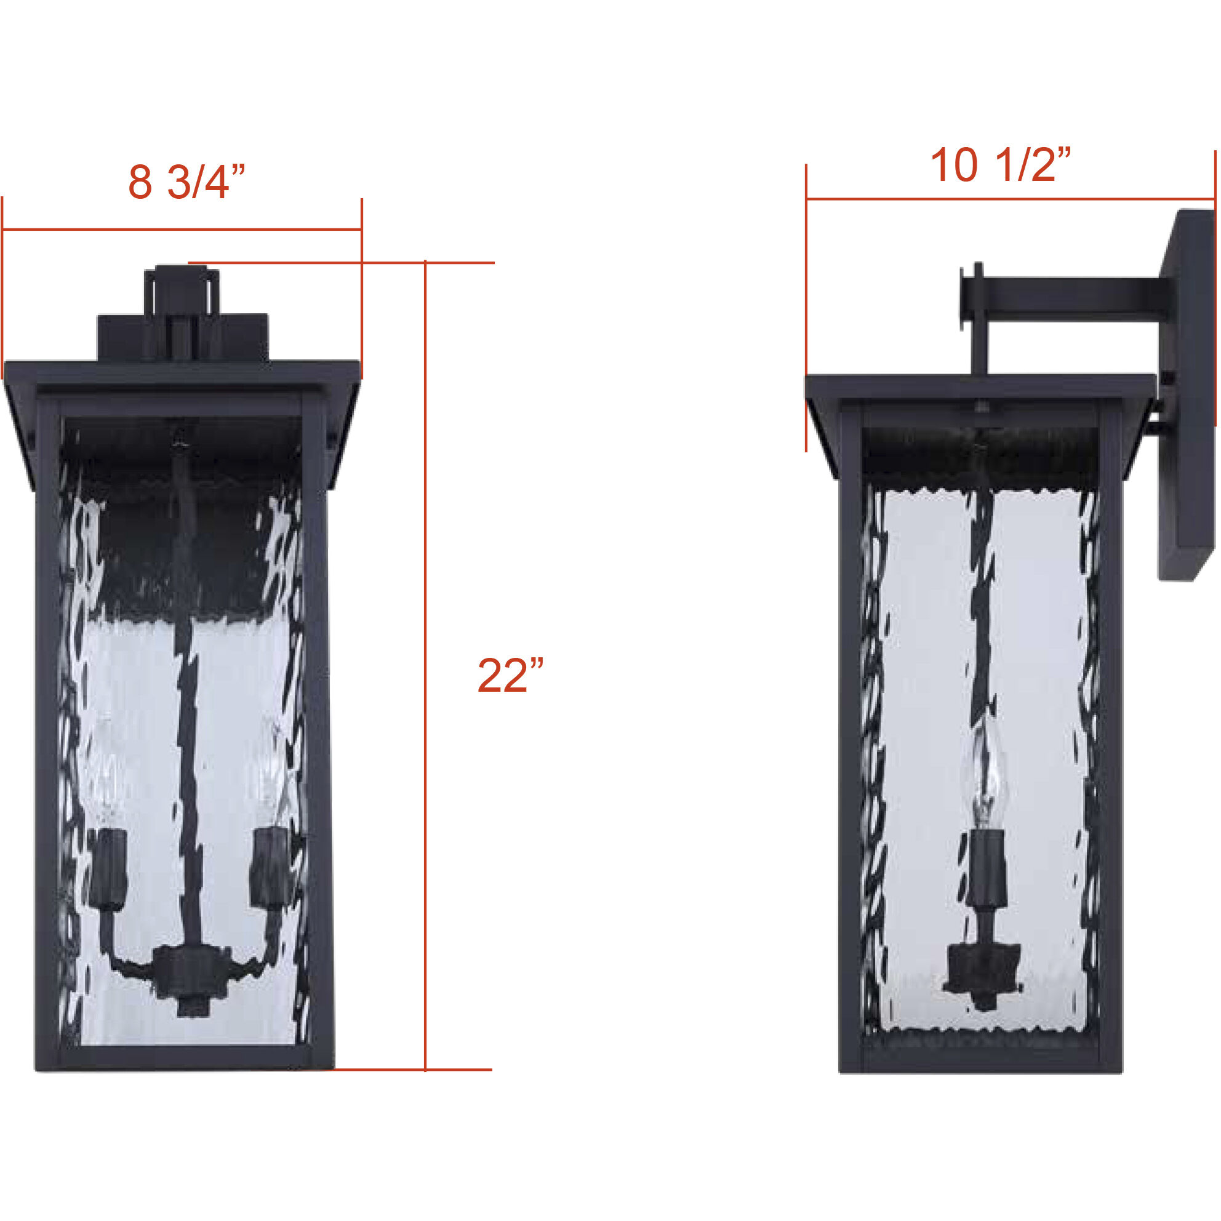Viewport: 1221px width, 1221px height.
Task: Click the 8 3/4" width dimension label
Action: (x=186, y=183)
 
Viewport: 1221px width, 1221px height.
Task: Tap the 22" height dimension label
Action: (x=510, y=676)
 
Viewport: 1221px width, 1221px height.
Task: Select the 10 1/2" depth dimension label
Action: (x=1001, y=166)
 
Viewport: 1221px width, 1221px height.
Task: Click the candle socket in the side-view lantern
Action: (x=983, y=866)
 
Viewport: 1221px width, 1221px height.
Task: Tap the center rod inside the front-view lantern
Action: (x=187, y=758)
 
